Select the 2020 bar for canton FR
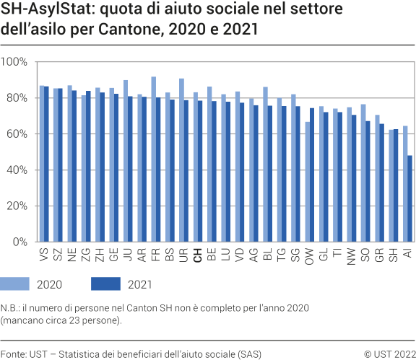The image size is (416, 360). [154, 159]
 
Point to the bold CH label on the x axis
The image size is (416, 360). [196, 256]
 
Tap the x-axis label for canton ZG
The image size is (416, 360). [86, 256]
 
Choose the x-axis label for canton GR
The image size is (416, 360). [378, 256]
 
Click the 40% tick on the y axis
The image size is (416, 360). [17, 170]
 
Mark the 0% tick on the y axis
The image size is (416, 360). [19, 242]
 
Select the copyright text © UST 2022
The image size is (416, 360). [389, 354]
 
